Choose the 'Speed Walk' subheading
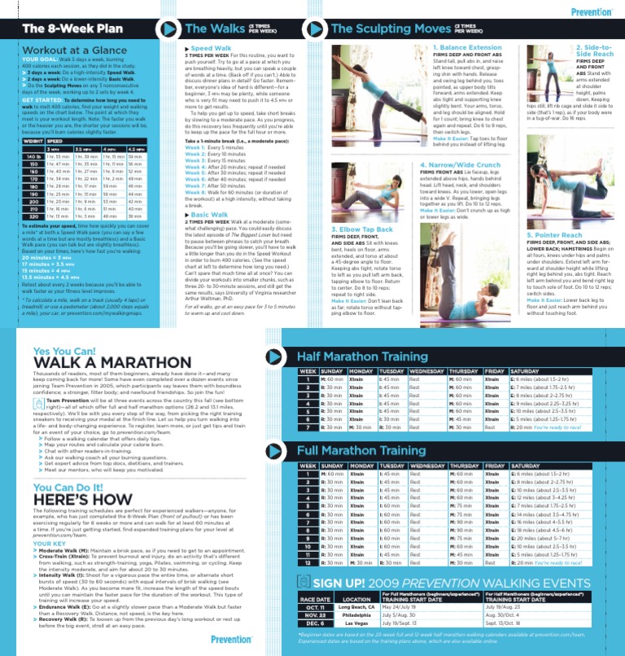pyautogui.click(x=211, y=49)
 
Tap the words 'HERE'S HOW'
pyautogui.click(x=81, y=497)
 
